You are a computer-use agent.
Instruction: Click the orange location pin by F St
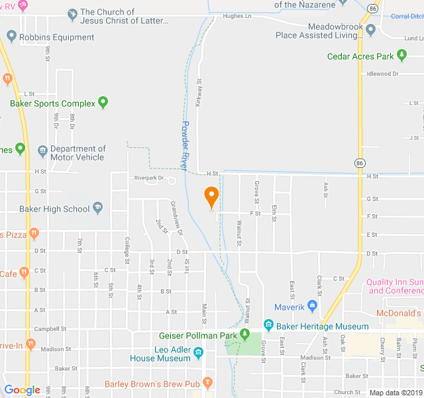click(211, 197)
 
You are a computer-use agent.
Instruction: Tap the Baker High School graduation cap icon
click(98, 209)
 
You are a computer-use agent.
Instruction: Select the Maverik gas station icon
click(313, 306)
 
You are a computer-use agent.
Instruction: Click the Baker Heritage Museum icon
click(268, 326)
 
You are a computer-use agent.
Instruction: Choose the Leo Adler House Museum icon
click(197, 351)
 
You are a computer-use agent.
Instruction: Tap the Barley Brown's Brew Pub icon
click(207, 383)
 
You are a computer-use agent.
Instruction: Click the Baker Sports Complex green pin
click(103, 103)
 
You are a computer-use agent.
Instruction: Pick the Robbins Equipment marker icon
click(12, 38)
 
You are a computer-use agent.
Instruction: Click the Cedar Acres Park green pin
click(401, 56)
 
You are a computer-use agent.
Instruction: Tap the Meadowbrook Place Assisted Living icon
click(370, 30)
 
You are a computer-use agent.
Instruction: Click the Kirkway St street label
click(198, 94)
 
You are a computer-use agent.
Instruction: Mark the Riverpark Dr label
click(148, 178)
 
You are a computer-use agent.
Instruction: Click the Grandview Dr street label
click(176, 218)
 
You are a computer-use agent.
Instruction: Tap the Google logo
click(22, 390)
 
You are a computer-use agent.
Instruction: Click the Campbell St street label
click(51, 328)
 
